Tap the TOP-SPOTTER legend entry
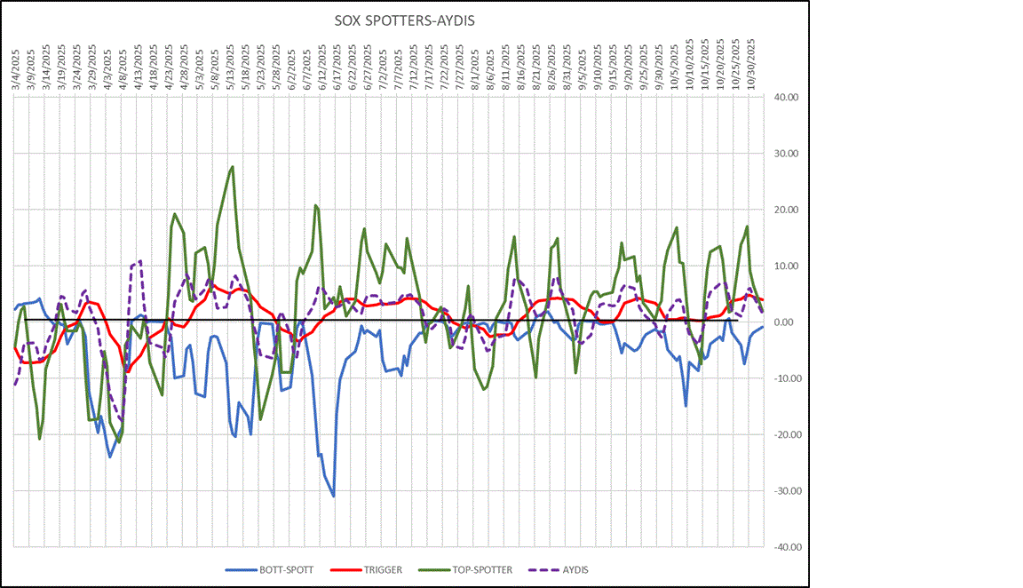[480, 569]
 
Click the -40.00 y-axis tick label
[787, 547]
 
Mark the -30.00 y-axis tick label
[787, 491]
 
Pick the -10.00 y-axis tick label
[787, 378]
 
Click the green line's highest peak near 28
[233, 166]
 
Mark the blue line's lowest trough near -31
[334, 497]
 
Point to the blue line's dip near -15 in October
[686, 406]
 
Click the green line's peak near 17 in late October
[748, 226]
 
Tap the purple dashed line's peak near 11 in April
[140, 260]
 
